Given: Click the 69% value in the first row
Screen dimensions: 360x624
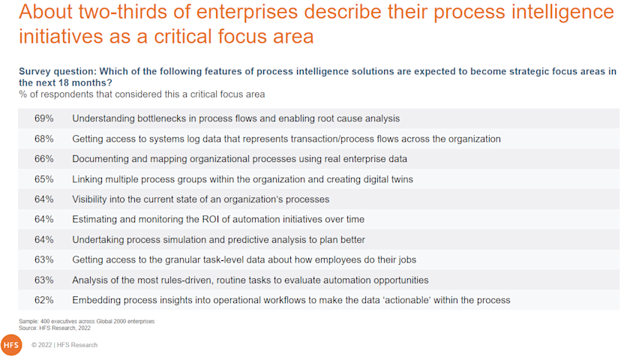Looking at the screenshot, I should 43,118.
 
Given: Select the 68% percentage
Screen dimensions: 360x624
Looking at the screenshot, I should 43,139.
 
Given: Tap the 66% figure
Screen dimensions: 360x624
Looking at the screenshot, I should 43,159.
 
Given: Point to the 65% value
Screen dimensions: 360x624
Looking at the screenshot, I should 43,179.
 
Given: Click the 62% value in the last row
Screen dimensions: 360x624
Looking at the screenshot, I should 43,300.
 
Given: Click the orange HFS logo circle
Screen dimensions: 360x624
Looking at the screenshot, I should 11,345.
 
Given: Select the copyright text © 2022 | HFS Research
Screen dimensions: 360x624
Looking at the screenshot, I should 64,345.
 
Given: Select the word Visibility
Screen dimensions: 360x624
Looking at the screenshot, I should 91,199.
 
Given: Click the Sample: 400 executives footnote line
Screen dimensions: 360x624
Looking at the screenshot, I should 87,321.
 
